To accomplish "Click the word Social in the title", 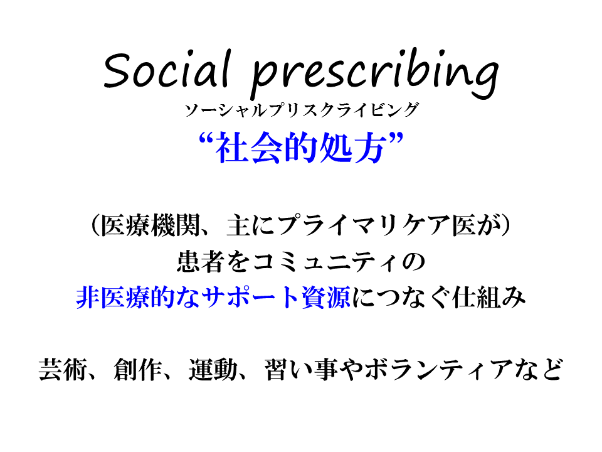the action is tap(167, 69).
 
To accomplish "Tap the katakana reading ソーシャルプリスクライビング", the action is tap(302, 110).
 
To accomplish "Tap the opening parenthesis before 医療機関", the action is tap(95, 225).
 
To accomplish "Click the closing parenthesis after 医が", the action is tap(506, 225).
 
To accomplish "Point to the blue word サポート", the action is tap(251, 298).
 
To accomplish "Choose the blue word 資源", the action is tap(326, 298).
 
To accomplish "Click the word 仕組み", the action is tap(488, 298).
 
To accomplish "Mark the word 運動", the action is tap(213, 369).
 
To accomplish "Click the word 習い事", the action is tap(300, 369).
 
